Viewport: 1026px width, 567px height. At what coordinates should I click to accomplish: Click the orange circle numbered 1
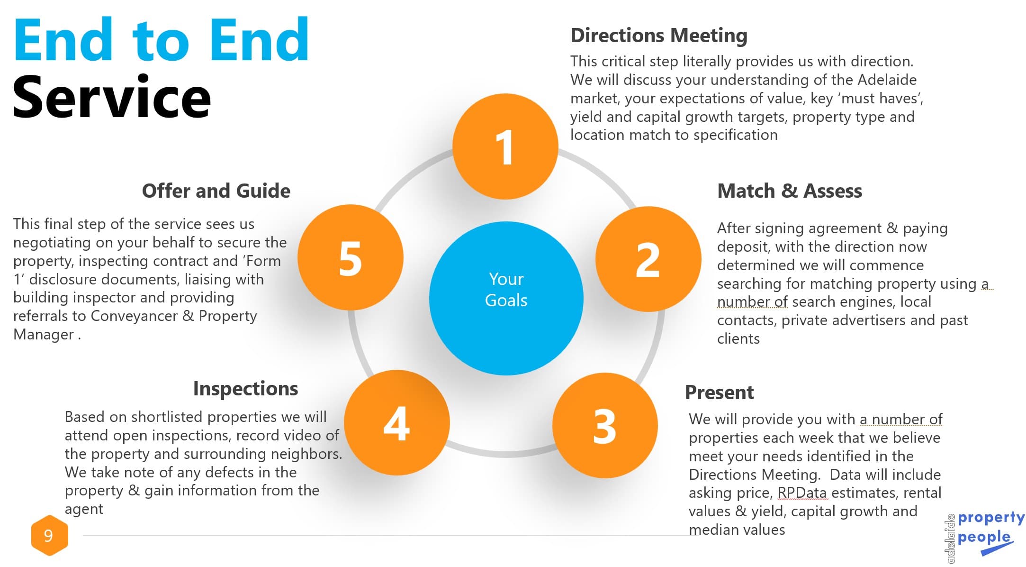tap(505, 146)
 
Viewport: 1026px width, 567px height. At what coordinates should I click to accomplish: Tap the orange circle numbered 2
tap(648, 259)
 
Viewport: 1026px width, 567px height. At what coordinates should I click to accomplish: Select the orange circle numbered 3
tap(605, 426)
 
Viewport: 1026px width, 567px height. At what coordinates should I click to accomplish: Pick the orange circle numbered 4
tap(396, 423)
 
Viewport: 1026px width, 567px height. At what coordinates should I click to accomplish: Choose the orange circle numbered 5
tap(351, 257)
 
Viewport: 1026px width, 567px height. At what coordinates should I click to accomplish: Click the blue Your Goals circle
tap(506, 298)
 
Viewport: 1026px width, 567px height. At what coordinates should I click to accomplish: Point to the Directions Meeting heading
tap(658, 36)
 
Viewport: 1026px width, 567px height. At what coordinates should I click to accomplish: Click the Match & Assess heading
tap(789, 191)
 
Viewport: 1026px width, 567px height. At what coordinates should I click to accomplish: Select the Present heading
tap(719, 393)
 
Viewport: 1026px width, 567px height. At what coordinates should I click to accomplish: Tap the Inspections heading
tap(245, 389)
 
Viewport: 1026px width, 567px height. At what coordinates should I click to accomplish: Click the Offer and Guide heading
tap(216, 191)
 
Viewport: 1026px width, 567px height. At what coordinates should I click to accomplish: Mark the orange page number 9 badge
tap(49, 536)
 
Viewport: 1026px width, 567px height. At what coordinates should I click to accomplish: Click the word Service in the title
tap(112, 97)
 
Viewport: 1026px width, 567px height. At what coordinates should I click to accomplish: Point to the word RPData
tap(802, 493)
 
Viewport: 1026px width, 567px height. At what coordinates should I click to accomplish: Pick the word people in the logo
tap(983, 538)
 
